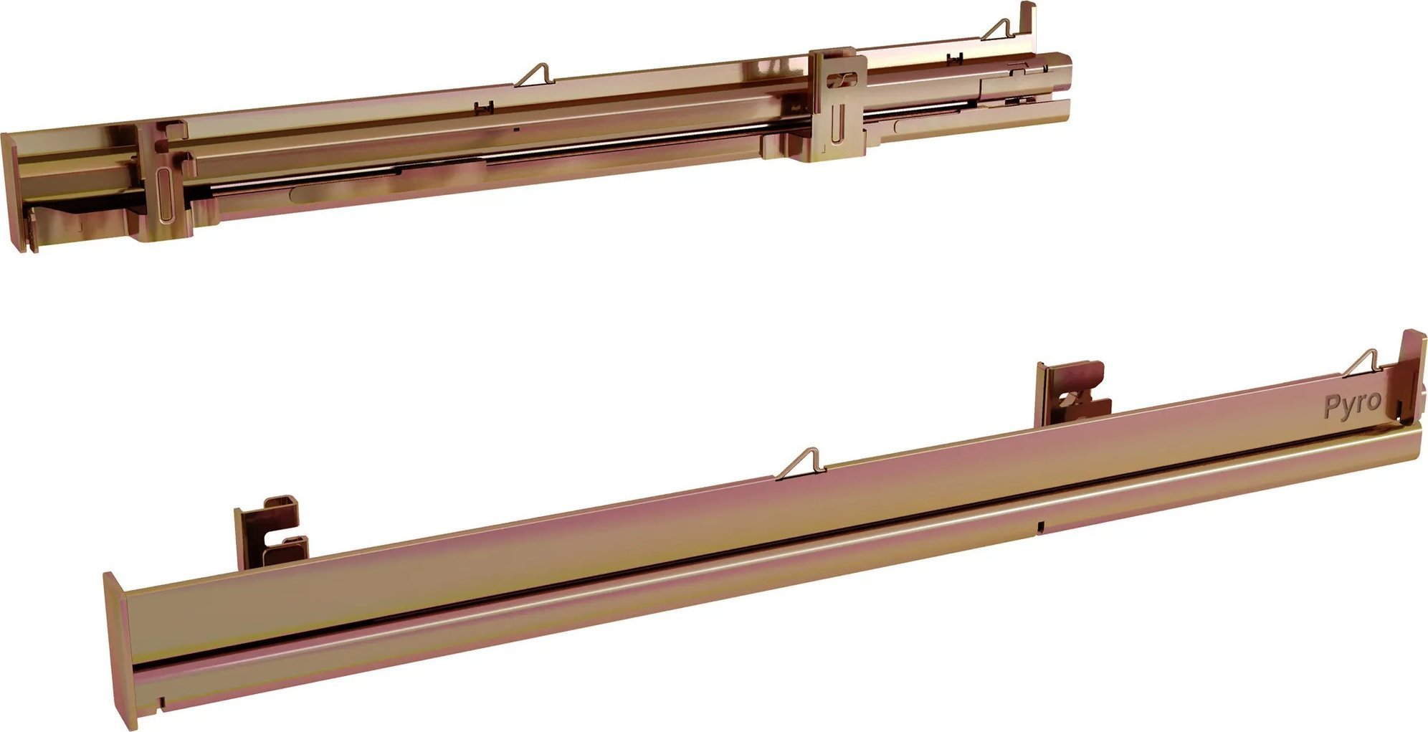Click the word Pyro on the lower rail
coord(1352,405)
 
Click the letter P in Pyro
coord(1331,407)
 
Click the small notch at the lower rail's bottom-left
coord(163,702)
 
